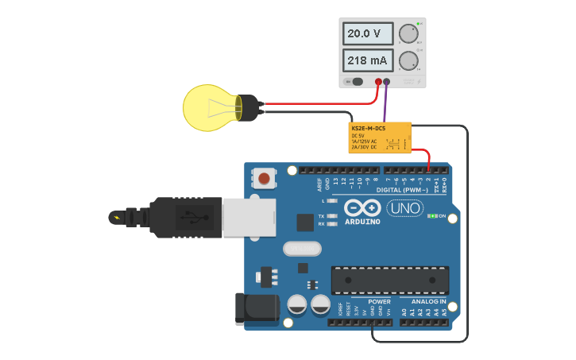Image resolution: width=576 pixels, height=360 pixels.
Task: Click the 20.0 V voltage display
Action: tap(368, 33)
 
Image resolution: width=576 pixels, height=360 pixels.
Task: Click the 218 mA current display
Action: tap(368, 60)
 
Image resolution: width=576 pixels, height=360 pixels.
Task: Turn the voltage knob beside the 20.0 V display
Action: tap(408, 33)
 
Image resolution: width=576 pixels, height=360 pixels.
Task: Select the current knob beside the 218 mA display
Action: tap(408, 60)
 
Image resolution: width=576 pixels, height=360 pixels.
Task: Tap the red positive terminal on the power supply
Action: tap(378, 81)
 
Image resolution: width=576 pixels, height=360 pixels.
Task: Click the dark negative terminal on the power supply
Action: tap(387, 81)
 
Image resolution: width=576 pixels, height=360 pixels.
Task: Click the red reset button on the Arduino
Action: tap(264, 177)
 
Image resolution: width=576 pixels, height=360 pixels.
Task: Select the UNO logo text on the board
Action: tap(404, 208)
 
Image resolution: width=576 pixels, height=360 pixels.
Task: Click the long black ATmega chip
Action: tap(389, 281)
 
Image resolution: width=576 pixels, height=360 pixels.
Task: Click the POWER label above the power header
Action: tap(379, 302)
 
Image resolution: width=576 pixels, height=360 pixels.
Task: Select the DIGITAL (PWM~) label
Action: tap(402, 190)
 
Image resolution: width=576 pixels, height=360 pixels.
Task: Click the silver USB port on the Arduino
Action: tap(249, 217)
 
